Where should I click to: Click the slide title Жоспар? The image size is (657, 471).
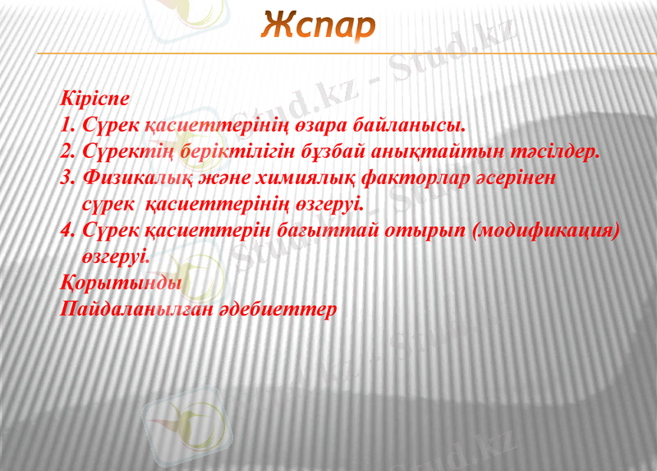[x=318, y=26]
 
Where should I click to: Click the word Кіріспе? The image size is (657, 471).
[x=95, y=98]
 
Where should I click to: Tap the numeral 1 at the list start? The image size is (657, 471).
[x=67, y=126]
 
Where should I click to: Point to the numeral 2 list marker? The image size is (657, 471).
[x=68, y=152]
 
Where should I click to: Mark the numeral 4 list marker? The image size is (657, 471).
[x=68, y=231]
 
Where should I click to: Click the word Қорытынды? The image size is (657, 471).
[x=122, y=284]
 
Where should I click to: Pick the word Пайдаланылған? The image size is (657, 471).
[x=137, y=310]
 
